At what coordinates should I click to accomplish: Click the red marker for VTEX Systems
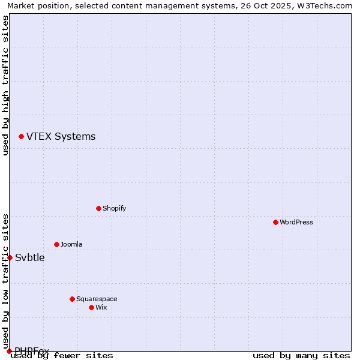21,137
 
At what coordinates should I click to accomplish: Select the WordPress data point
275,222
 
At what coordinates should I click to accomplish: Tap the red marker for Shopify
98,208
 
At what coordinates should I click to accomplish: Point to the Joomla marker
56,244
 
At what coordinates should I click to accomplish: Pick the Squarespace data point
72,299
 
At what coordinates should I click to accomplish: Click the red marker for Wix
91,307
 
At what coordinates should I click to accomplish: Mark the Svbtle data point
10,257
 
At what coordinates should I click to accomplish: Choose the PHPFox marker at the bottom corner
9,351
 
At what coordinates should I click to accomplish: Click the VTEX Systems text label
61,137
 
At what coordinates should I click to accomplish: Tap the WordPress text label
296,222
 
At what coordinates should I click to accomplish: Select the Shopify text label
114,208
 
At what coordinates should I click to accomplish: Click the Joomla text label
71,244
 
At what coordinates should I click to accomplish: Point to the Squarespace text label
97,299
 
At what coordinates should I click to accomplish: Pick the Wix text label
101,307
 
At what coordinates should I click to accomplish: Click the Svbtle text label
30,258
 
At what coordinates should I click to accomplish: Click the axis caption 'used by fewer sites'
62,356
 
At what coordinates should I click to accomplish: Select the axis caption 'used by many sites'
301,356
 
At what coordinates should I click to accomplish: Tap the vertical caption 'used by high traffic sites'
6,85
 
